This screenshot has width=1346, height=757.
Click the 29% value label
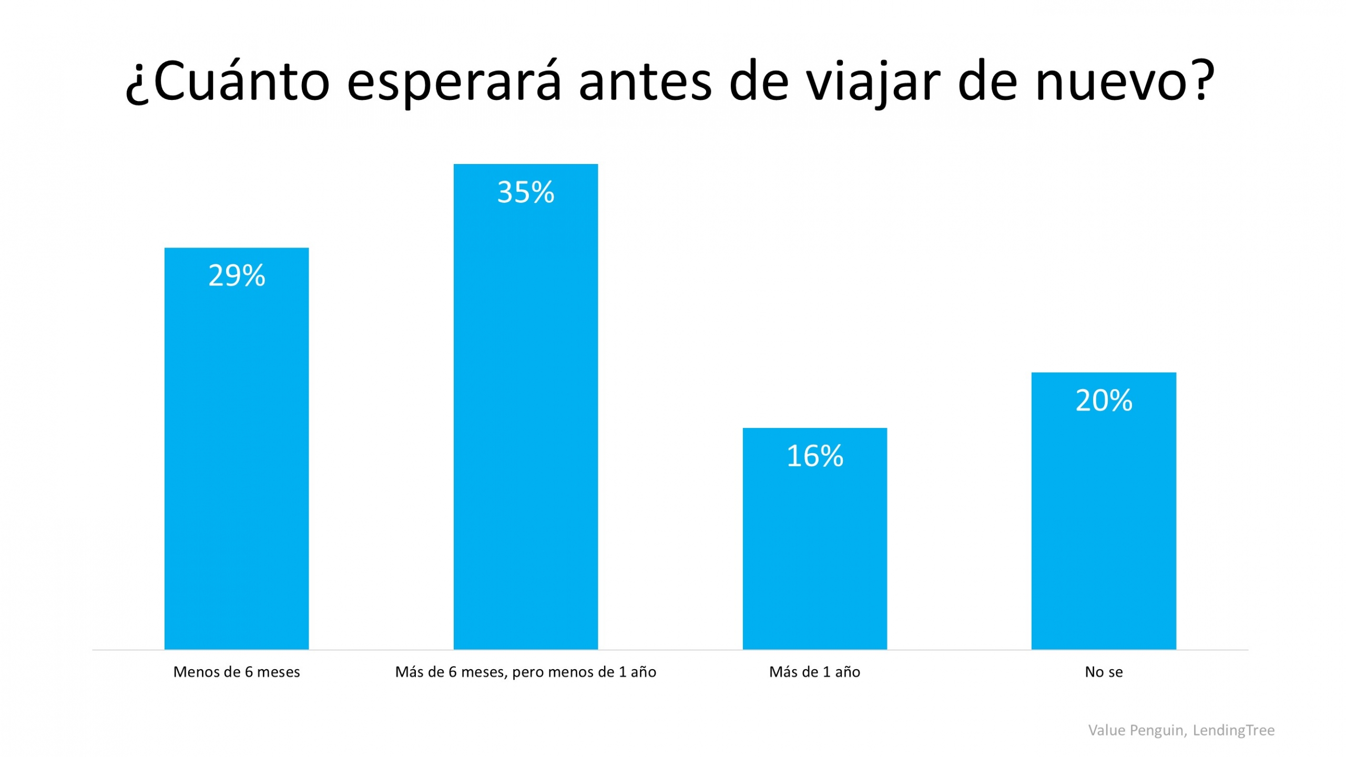click(x=237, y=275)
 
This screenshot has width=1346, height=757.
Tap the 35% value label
click(x=525, y=192)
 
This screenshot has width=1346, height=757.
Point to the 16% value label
click(x=814, y=456)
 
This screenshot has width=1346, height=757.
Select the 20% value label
click(x=1103, y=401)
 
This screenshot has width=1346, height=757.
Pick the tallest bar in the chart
click(x=525, y=421)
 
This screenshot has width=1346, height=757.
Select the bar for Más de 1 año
click(x=814, y=552)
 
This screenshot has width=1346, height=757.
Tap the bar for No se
click(x=1103, y=526)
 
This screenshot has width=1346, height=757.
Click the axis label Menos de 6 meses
click(x=237, y=672)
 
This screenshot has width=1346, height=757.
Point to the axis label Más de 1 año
click(x=814, y=672)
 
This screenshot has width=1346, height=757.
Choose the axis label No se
click(x=1103, y=672)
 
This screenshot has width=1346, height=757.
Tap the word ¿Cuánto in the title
click(x=227, y=81)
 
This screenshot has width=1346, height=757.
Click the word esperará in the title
click(x=454, y=81)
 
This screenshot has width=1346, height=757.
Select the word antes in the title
click(x=645, y=81)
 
